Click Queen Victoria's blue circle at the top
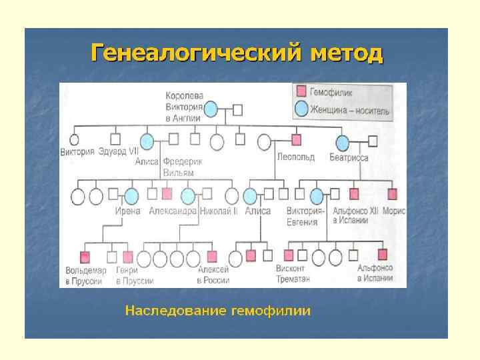[x=211, y=109]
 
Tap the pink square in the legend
[x=301, y=90]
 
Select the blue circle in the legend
[x=301, y=109]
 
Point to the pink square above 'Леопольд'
[x=297, y=140]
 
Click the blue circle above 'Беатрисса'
[x=343, y=141]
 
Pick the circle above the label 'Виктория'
[x=75, y=141]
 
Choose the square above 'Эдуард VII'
[x=115, y=140]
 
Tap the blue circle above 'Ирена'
[x=131, y=195]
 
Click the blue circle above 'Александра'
[x=188, y=195]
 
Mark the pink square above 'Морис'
[x=392, y=194]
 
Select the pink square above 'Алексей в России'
[x=212, y=256]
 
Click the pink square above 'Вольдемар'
[x=85, y=256]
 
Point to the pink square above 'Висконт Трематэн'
[x=289, y=255]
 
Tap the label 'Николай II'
[x=217, y=211]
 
